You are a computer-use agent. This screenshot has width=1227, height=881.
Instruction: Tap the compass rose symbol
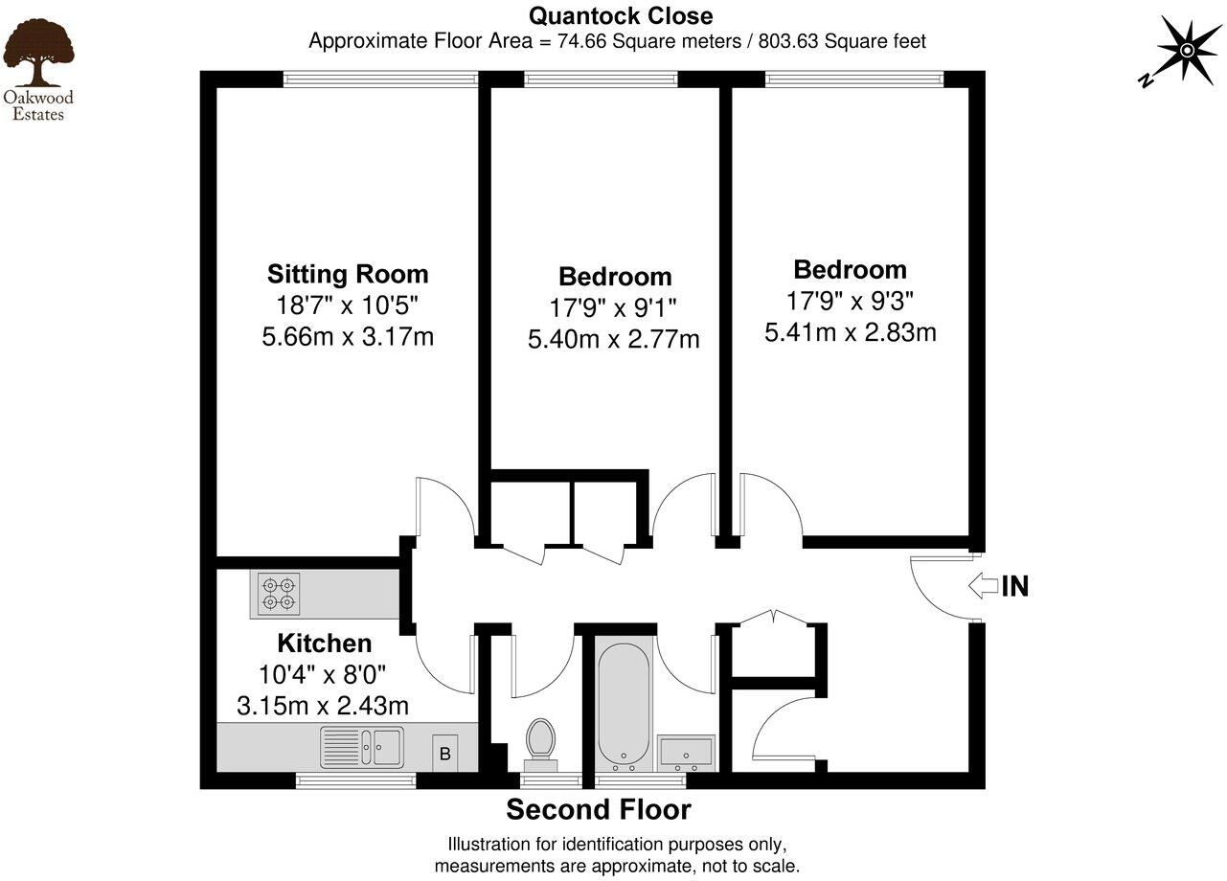tap(1185, 50)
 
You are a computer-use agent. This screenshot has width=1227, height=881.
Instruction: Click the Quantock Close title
tap(621, 16)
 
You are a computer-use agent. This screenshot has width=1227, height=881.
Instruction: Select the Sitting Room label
tap(348, 275)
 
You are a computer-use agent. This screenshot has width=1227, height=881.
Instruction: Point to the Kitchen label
tap(324, 643)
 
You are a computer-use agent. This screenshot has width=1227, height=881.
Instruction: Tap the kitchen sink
tap(362, 746)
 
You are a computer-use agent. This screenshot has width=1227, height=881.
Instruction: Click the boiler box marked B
tap(444, 753)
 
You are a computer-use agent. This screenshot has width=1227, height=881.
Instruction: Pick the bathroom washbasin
tap(687, 751)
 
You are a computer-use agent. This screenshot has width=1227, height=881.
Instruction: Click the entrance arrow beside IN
tap(983, 585)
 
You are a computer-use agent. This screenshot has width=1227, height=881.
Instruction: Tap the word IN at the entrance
tap(1015, 586)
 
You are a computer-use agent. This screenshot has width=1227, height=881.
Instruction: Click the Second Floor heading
tap(599, 810)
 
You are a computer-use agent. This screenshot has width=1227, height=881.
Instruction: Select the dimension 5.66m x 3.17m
tap(348, 337)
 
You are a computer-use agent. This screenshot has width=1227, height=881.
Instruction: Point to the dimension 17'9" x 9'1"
tap(615, 308)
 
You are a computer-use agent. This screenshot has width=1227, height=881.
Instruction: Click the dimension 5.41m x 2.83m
tap(850, 332)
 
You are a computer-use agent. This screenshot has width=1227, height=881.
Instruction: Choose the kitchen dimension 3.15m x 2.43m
tap(323, 706)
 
